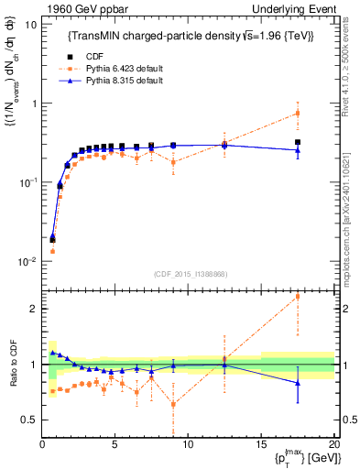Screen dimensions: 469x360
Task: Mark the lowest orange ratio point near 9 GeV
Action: pos(173,404)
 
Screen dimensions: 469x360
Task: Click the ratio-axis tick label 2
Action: pos(34,309)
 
